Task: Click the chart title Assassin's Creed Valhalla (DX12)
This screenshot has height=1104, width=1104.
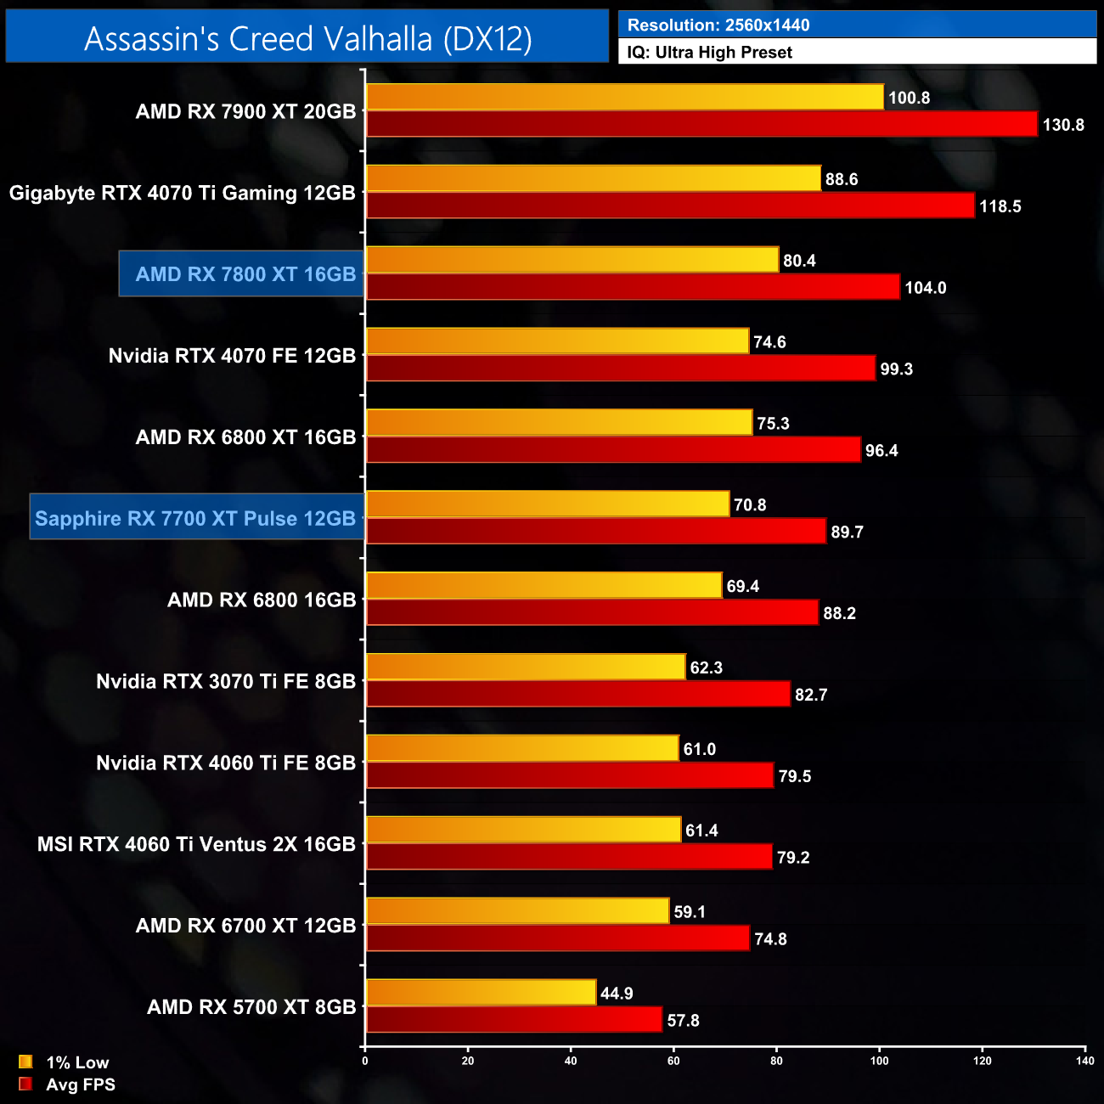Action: tap(307, 38)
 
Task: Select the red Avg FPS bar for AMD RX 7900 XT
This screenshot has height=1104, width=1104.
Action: tap(701, 124)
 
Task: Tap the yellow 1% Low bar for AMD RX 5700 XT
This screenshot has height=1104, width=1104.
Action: tap(481, 993)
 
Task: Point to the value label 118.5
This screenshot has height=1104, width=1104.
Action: tap(1000, 206)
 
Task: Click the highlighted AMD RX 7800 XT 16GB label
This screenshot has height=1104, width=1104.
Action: tap(245, 274)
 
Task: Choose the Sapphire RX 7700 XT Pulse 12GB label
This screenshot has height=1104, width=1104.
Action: tap(195, 518)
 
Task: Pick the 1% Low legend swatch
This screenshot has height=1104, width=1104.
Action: tap(25, 1062)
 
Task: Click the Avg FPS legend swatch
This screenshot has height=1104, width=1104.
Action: tap(25, 1084)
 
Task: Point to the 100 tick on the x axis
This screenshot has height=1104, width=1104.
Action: tap(879, 1061)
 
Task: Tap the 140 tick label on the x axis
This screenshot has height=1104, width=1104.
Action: tap(1084, 1061)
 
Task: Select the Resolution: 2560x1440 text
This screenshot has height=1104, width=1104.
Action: tap(718, 25)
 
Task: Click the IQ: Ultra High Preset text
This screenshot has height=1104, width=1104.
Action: tap(709, 53)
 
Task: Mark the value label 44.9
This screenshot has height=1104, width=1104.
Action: tap(617, 994)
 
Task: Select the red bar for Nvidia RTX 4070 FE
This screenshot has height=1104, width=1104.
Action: tap(620, 369)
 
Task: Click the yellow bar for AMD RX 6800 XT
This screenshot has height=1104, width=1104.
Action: tap(559, 423)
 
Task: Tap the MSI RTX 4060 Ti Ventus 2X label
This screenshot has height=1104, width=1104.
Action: tap(196, 844)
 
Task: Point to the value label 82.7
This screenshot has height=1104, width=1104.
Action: tap(811, 695)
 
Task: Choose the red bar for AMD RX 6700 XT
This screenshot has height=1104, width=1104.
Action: tap(557, 938)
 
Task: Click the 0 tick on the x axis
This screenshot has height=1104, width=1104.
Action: tap(365, 1061)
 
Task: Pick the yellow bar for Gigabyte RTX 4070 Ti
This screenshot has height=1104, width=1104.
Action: tap(594, 178)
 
